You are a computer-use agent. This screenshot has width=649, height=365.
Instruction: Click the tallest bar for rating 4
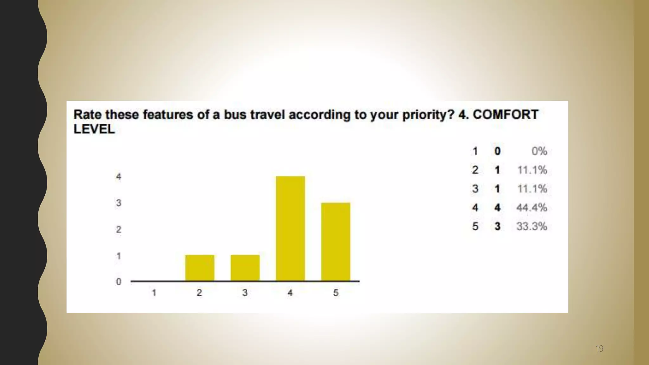[x=290, y=228]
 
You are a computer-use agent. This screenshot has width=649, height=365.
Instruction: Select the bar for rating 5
[x=336, y=242]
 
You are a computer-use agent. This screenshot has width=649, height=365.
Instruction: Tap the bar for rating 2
[x=200, y=268]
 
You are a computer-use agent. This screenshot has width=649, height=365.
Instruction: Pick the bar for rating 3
[x=245, y=268]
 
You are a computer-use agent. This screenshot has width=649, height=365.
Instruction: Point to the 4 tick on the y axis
[x=119, y=176]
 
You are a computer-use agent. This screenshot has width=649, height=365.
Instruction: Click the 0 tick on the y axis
[x=119, y=281]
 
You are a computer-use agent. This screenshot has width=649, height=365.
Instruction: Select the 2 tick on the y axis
[x=119, y=229]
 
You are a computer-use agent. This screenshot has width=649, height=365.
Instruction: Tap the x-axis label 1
[x=154, y=293]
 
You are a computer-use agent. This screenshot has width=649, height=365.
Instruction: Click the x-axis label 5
[x=336, y=293]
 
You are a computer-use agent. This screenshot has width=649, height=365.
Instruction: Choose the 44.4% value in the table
[x=531, y=208]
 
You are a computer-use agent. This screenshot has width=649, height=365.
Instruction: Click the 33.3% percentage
[x=531, y=226]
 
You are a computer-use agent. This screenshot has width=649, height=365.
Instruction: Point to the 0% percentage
[x=539, y=151]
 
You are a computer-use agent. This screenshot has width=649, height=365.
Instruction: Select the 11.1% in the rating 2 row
[x=532, y=170]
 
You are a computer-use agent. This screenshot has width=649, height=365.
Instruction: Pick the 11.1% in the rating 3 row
[x=532, y=189]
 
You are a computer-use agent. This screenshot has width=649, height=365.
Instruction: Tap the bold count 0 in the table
[x=497, y=151]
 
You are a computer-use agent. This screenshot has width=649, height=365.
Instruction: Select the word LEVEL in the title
[x=94, y=129]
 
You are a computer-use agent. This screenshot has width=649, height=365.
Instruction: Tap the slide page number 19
[x=599, y=349]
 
